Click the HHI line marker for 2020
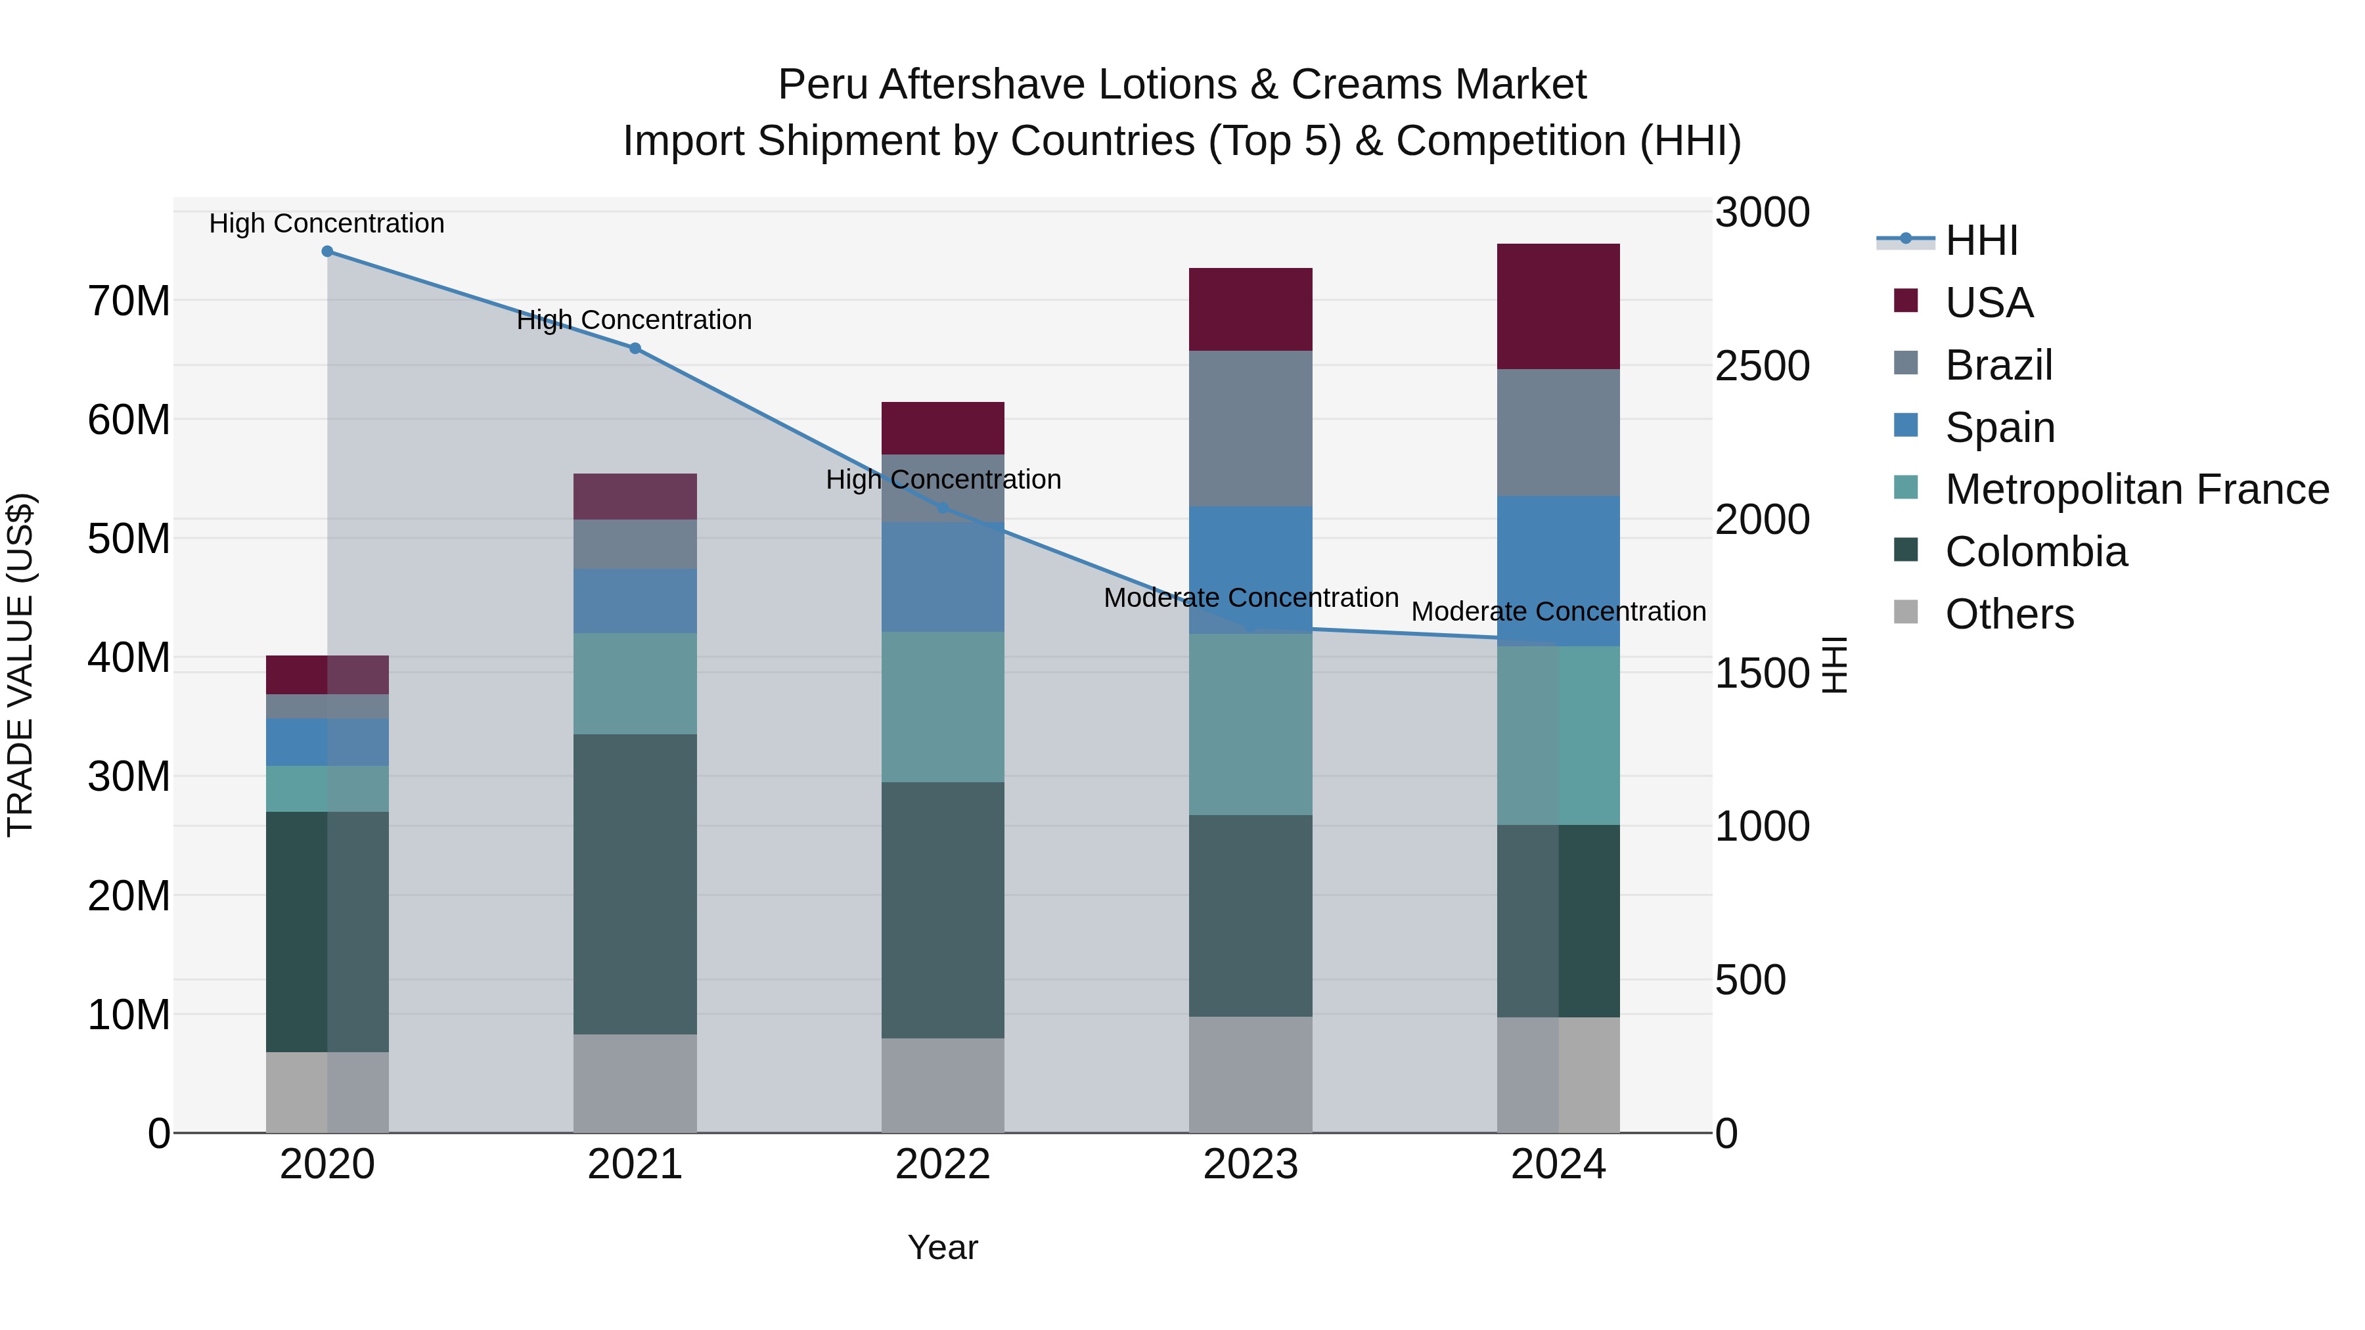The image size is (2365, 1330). point(327,252)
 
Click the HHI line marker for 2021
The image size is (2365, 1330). point(635,349)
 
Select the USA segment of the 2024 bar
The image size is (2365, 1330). point(1558,307)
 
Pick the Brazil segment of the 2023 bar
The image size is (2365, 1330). point(1250,429)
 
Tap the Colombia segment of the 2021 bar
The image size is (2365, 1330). point(635,884)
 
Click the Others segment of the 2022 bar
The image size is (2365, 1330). point(943,1085)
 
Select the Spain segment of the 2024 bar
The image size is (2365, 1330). point(1558,571)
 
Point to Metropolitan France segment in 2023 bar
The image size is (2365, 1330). point(1250,724)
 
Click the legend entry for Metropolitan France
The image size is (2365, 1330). point(2136,489)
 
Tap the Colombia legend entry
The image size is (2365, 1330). point(2035,552)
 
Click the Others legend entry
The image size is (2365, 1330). point(2009,614)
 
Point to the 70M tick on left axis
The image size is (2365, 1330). point(129,301)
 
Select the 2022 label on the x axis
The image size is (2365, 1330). point(943,1164)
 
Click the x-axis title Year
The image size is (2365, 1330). point(943,1247)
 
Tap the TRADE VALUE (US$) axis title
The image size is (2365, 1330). point(20,665)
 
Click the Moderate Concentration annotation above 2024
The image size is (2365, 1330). point(1558,611)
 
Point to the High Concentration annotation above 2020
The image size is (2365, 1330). point(327,223)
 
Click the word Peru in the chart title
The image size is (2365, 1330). point(822,85)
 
